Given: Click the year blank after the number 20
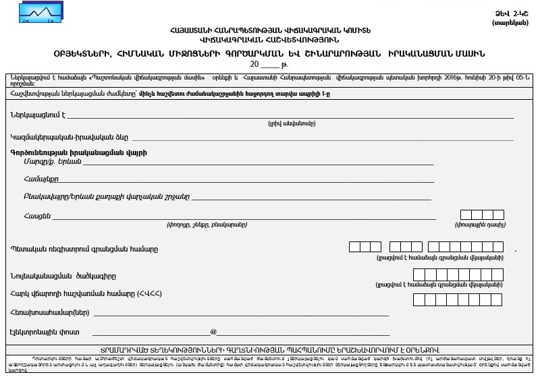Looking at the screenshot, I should [x=269, y=65].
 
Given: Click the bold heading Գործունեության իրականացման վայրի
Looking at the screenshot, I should [x=79, y=153].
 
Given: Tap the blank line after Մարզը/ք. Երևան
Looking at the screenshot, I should [x=256, y=162].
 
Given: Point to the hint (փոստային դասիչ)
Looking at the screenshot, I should [x=480, y=225].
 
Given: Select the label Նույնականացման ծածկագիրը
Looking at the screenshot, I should [x=63, y=276].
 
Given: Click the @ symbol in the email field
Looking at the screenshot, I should [x=213, y=332].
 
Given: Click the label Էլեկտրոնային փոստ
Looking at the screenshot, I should [x=45, y=332].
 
